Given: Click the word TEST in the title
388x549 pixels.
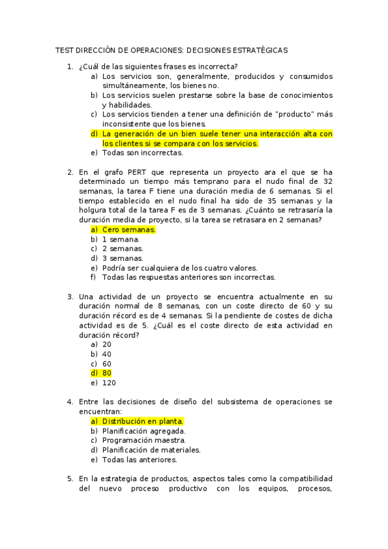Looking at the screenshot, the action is click(x=65, y=50).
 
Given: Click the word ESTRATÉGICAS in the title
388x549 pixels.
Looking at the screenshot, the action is click(x=260, y=50).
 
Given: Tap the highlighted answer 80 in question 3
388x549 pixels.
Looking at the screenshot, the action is click(x=107, y=373).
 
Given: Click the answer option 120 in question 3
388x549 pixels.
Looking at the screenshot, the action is click(x=109, y=383).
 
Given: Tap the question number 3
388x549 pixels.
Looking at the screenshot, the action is click(x=70, y=297).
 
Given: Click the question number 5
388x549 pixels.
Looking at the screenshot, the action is click(x=70, y=478).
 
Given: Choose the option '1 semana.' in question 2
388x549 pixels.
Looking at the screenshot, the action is click(x=120, y=239).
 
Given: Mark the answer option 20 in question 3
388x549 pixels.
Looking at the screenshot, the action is click(x=107, y=344).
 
